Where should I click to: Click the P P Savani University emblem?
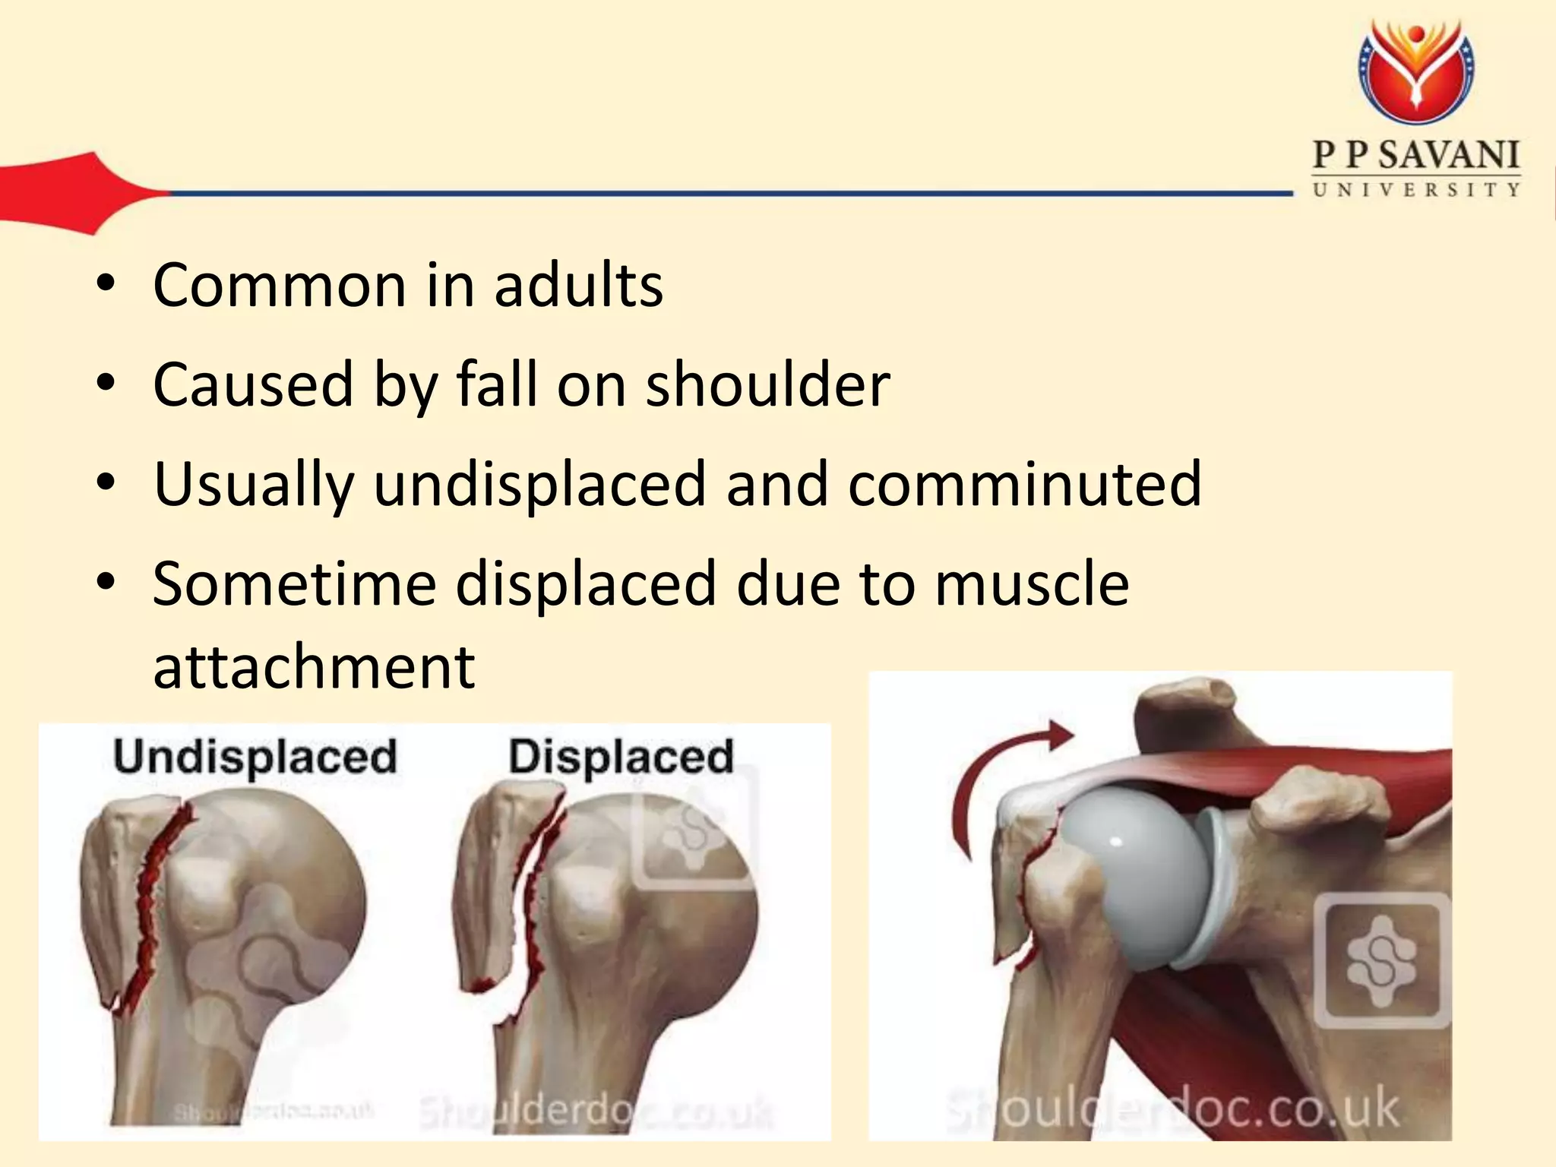[x=1415, y=72]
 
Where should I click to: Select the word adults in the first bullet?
[x=579, y=285]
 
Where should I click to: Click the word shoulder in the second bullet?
[x=767, y=384]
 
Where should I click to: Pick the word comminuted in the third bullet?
[x=1025, y=484]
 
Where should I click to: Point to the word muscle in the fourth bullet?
[x=1032, y=583]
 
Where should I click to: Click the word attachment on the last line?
[x=314, y=666]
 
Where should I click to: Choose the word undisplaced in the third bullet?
[x=540, y=484]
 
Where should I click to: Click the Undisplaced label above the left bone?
[x=255, y=757]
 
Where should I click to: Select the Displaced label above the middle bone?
[x=621, y=757]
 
